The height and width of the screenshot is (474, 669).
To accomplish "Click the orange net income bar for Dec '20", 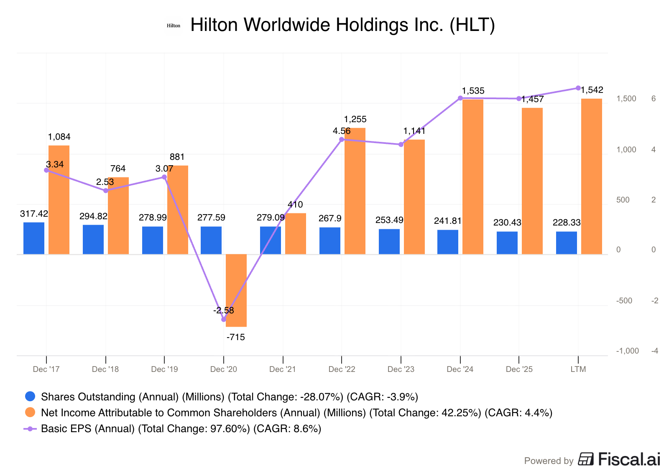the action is point(236,290).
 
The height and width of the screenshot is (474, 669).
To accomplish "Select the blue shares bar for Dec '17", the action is point(34,238).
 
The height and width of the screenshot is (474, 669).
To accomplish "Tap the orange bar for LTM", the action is point(592,176).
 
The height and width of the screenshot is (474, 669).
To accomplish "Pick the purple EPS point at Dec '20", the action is point(224,320).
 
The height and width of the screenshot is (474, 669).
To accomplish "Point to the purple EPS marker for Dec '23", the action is point(401,145).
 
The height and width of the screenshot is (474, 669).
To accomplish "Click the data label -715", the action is point(236,338).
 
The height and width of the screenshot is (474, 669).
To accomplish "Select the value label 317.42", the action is point(34,214).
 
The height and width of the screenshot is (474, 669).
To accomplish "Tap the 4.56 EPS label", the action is point(342,131).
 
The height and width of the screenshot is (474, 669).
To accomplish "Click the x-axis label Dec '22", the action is point(342,369).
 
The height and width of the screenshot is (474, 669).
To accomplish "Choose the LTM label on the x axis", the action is point(578,369).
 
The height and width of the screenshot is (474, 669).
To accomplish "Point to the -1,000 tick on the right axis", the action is point(628,351).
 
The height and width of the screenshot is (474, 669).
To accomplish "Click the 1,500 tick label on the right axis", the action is point(626,99).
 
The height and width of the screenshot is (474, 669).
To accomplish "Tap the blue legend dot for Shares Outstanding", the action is point(30,396).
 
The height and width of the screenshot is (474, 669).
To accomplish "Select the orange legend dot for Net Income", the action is point(30,413).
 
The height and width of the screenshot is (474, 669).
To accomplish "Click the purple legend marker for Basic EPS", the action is point(30,429).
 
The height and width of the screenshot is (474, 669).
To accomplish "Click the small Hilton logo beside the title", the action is point(174,26).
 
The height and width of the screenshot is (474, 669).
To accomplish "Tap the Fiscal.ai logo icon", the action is point(586,459).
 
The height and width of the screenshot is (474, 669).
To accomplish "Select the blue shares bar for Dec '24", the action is point(448,242).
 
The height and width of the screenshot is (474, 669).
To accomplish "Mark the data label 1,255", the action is point(355,119).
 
